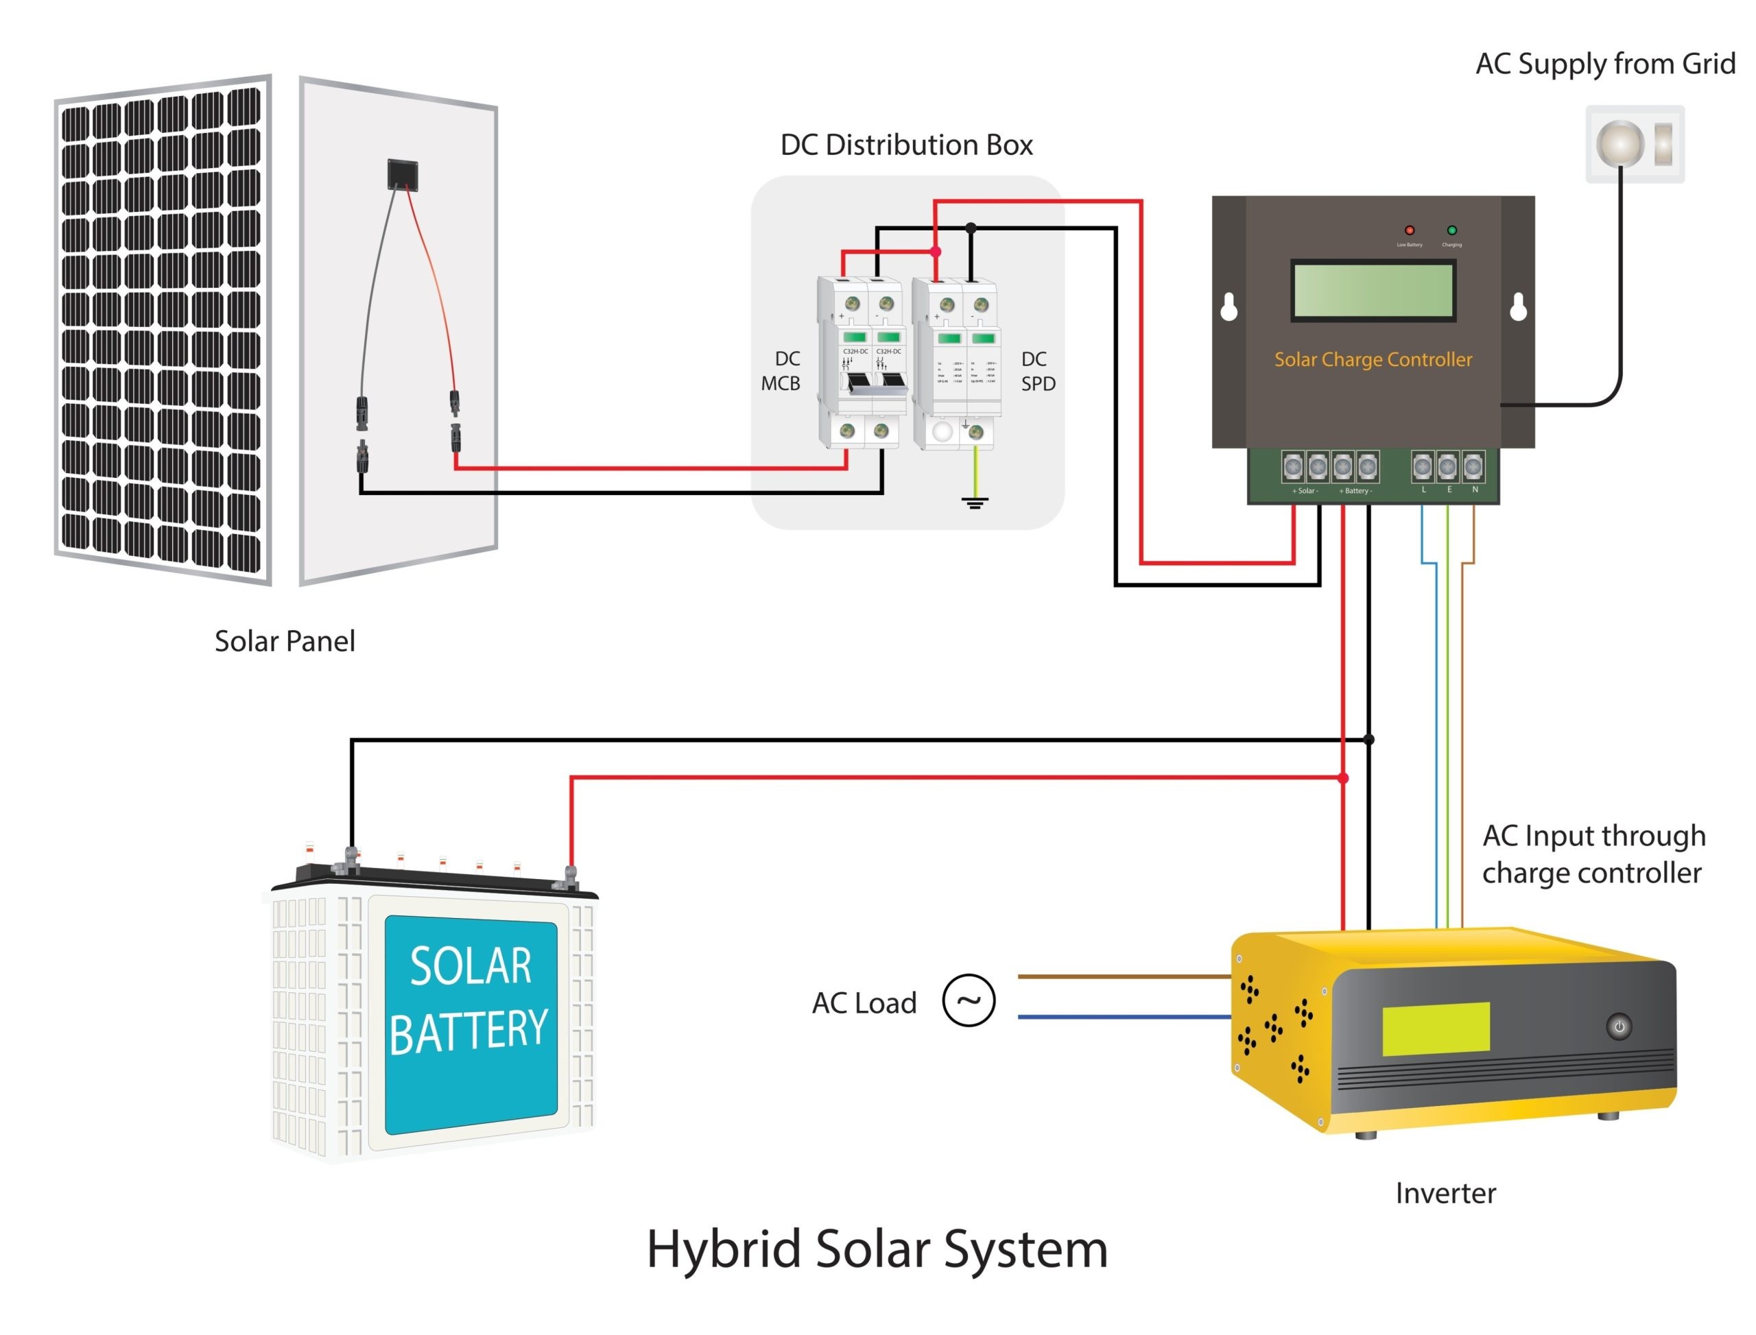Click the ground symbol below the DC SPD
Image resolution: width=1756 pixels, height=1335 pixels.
974,502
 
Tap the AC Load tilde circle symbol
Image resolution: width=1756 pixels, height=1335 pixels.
969,1000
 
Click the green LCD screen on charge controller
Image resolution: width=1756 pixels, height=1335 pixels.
1372,291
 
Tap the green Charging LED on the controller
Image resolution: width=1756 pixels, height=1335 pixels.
1451,230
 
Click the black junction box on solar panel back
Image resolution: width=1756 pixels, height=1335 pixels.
402,174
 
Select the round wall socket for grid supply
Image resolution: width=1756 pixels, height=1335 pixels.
1619,144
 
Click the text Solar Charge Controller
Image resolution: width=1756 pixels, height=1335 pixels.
1372,359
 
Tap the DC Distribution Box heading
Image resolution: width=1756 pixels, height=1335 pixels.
906,145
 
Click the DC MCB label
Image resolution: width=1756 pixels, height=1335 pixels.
781,371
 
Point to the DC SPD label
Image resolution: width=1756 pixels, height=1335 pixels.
1037,371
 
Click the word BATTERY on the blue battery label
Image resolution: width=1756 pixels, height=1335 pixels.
468,1031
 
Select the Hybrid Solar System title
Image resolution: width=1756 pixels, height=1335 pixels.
876,1249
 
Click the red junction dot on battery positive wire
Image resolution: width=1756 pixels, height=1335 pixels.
1342,778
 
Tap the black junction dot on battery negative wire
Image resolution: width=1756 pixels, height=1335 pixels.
1367,740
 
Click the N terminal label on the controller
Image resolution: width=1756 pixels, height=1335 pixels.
1474,490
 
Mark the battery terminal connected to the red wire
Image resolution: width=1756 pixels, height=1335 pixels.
569,875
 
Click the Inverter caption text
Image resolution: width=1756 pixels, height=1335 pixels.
1445,1193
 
